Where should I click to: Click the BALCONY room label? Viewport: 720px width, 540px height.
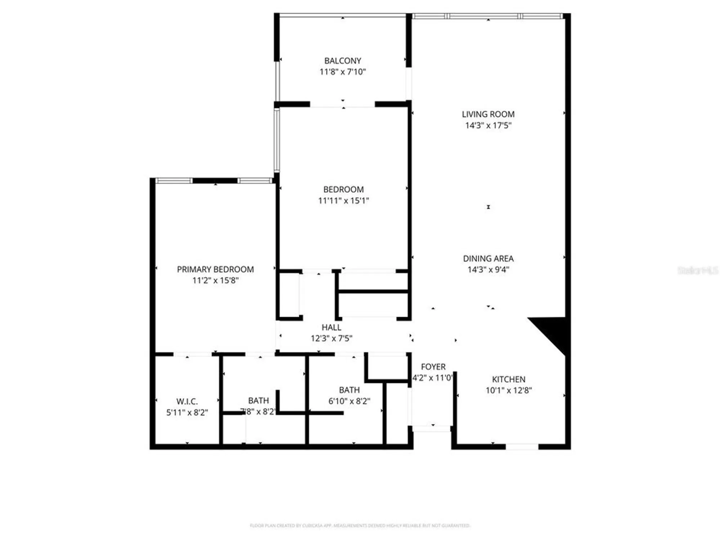[342, 61]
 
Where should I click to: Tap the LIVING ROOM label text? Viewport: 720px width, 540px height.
[488, 114]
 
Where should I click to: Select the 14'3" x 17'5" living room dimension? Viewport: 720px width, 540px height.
[488, 125]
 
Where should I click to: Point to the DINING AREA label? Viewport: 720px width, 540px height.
[488, 258]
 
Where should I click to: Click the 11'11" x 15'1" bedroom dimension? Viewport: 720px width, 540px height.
[343, 201]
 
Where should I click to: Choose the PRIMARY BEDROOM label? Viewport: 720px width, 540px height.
[215, 269]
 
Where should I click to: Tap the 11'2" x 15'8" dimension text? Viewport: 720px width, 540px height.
[215, 280]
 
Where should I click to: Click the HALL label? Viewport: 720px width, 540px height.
[331, 327]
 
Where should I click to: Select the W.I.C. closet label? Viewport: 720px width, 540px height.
[187, 401]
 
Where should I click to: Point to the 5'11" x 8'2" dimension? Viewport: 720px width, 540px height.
[187, 413]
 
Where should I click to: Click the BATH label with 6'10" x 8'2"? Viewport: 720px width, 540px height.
[349, 390]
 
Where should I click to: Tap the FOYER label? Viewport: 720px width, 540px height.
[433, 367]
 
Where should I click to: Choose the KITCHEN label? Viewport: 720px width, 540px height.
[508, 379]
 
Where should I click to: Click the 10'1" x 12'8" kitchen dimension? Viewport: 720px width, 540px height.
[508, 390]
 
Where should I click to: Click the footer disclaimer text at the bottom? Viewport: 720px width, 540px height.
[360, 526]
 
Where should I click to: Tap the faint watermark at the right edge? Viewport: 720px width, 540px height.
[697, 270]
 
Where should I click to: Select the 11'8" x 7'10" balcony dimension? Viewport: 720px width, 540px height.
[342, 72]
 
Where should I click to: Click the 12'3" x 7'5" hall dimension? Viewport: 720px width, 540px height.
[331, 338]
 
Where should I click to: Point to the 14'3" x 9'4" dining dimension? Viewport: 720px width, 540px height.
[488, 270]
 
